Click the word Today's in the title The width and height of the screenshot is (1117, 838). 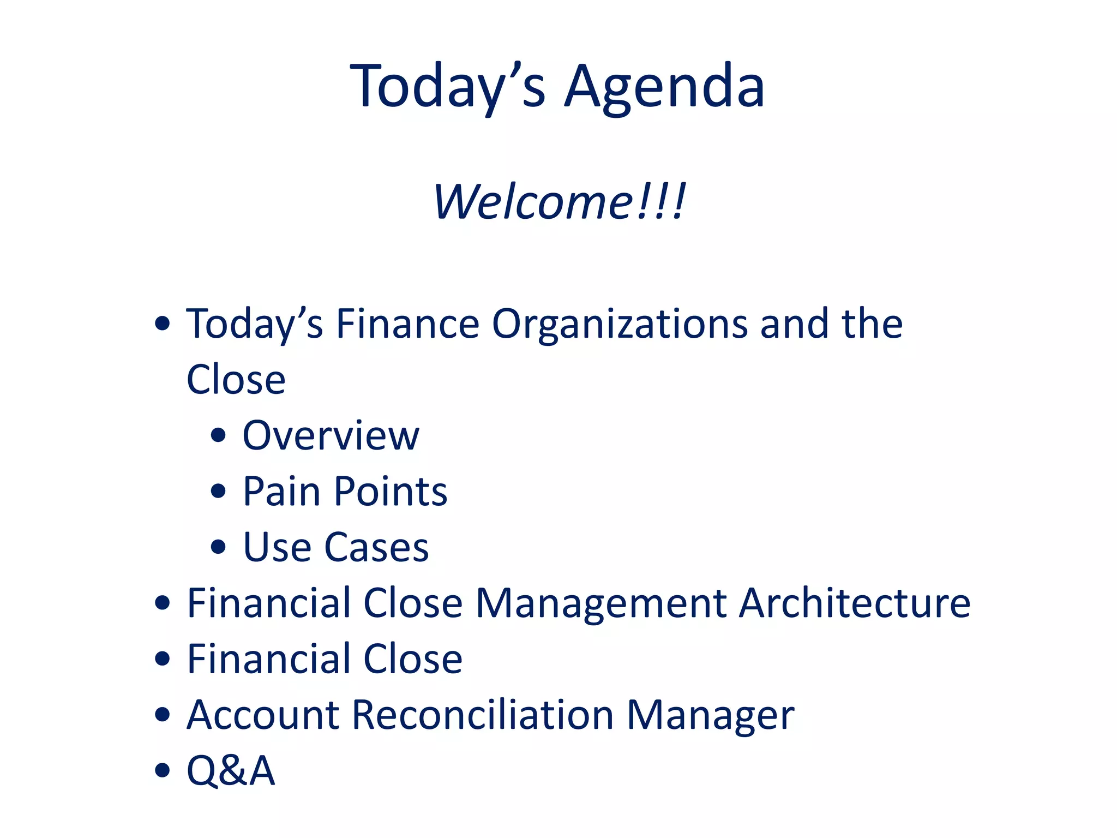tap(447, 87)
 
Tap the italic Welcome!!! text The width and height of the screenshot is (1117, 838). tap(558, 202)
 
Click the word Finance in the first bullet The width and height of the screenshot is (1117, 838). tap(407, 325)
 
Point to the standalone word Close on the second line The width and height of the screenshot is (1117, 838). tap(236, 380)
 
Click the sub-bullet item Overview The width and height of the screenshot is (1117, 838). tap(331, 436)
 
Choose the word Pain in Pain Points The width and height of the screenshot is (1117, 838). tap(281, 492)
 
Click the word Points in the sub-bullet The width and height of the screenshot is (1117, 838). tap(391, 492)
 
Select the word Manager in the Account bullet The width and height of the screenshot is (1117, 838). tap(710, 715)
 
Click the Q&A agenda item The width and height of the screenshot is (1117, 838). tap(231, 771)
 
